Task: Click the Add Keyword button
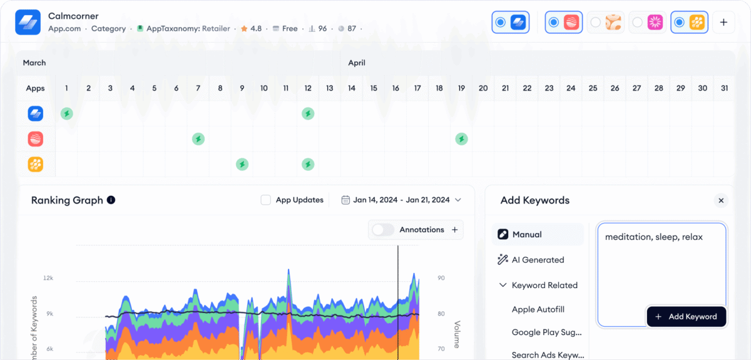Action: (686, 317)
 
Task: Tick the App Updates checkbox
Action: (265, 200)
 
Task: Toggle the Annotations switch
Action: (383, 230)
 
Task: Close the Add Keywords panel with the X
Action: (721, 200)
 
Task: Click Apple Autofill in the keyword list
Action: (538, 309)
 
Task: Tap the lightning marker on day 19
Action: (461, 139)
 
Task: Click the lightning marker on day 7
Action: (198, 139)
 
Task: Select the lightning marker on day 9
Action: (242, 165)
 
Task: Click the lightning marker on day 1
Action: (66, 113)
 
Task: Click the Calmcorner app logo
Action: (28, 22)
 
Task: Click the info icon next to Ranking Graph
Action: (111, 200)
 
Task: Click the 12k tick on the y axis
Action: (48, 277)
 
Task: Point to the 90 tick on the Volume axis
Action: (441, 277)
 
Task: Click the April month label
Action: (357, 63)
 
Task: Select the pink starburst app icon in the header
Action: (655, 23)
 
